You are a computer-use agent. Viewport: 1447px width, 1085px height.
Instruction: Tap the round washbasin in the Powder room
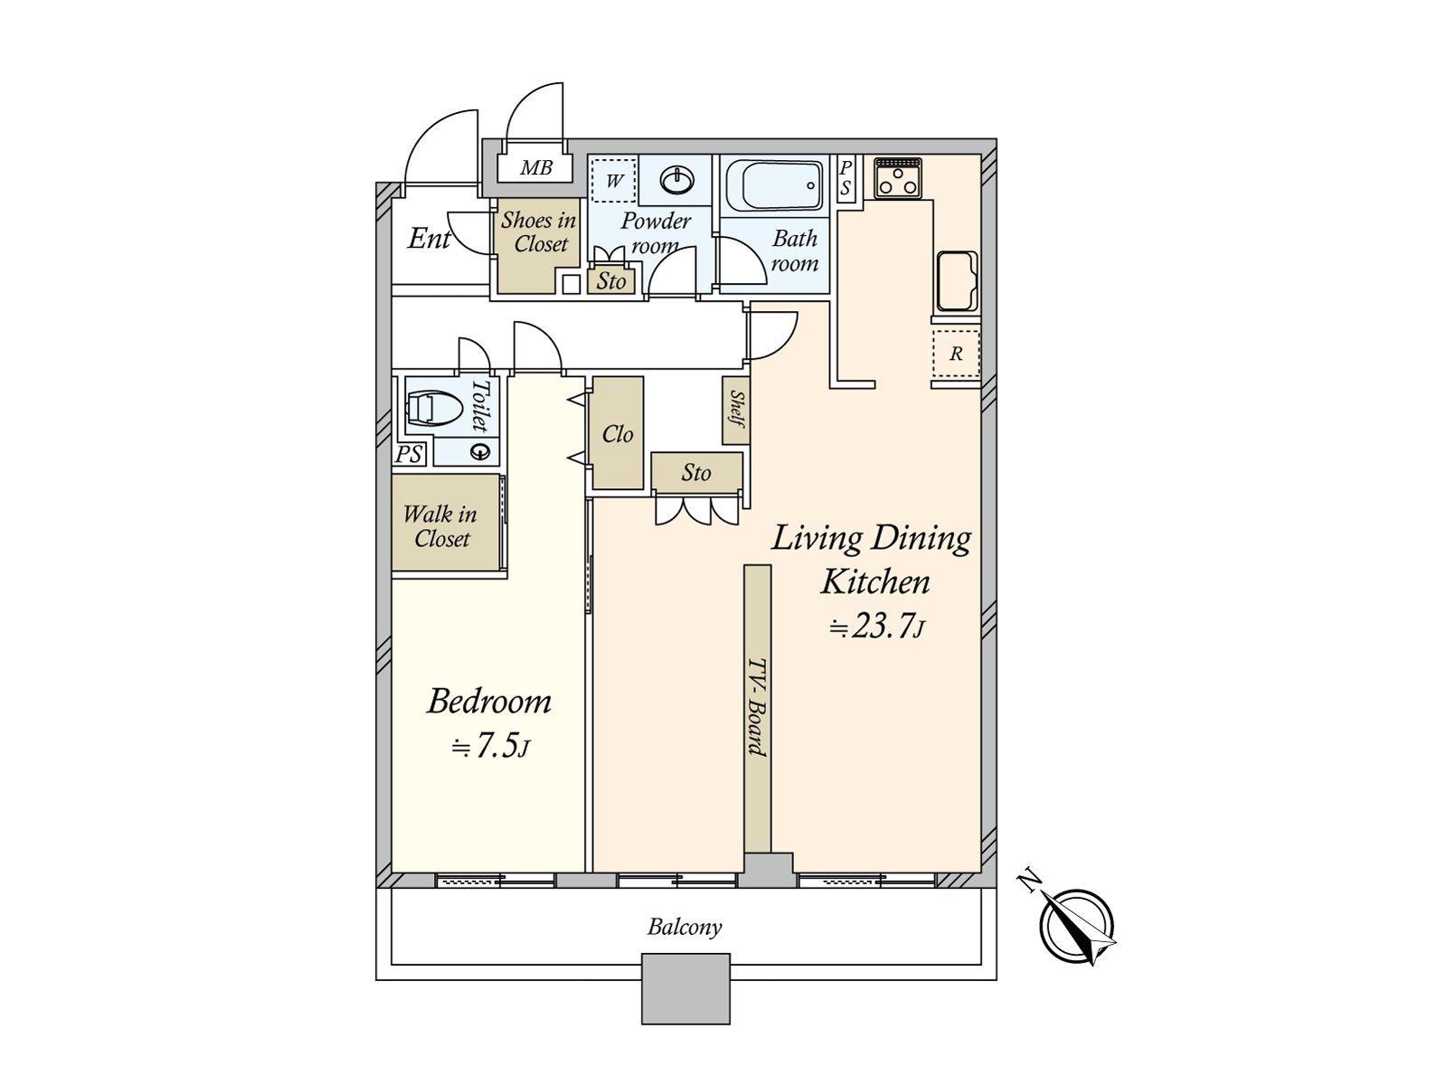coord(677,180)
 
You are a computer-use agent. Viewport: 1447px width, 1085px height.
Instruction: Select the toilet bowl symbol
coord(427,409)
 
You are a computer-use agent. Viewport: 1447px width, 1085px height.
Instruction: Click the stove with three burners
coord(897,177)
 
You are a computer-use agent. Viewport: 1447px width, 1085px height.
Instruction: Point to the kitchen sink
coord(956,280)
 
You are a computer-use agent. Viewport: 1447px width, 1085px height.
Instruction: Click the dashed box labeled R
coord(956,354)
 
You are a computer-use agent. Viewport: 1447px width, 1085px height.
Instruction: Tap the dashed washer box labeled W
coord(614,180)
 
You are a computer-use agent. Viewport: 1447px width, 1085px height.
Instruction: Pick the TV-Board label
coord(758,708)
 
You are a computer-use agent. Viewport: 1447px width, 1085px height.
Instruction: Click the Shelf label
coord(737,409)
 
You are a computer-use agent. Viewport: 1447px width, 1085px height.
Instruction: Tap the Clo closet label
coord(617,434)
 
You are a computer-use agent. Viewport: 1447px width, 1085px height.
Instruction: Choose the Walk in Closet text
coord(440,526)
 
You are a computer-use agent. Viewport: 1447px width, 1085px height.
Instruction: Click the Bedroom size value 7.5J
coord(490,747)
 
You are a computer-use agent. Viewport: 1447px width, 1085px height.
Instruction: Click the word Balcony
coord(685,928)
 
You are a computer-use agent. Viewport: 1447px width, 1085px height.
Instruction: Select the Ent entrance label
coord(429,239)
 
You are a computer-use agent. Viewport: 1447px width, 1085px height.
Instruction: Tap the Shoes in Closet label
coord(539,231)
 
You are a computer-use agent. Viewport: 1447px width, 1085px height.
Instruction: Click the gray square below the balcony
coord(686,989)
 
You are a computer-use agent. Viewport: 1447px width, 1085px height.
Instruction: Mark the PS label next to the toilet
coord(409,455)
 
